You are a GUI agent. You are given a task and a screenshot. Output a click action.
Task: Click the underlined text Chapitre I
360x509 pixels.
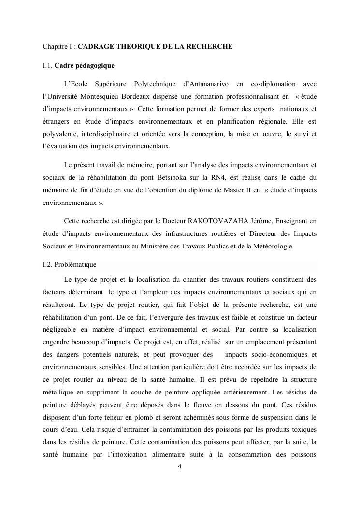(x=57, y=47)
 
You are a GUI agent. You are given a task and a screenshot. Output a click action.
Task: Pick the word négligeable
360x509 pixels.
(x=61, y=329)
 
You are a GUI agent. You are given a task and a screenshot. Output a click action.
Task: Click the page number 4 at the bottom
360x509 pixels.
(x=180, y=467)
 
